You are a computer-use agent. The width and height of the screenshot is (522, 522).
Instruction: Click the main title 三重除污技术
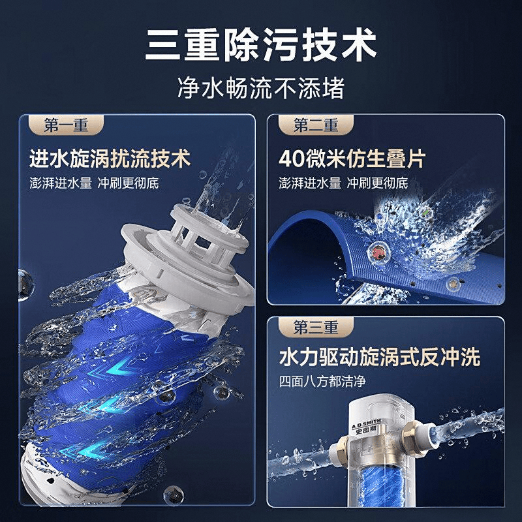tap(261, 45)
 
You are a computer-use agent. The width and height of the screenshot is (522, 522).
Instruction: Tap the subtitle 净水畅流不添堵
tap(261, 88)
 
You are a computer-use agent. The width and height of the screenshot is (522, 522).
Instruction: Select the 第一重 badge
tap(66, 125)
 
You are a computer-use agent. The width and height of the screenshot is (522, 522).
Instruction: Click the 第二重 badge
tap(316, 125)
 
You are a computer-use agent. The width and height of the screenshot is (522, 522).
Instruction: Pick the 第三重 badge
tap(316, 328)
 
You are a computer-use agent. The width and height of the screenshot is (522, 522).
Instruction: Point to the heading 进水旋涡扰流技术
tap(110, 159)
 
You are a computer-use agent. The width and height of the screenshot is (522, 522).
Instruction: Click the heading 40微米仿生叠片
tap(352, 159)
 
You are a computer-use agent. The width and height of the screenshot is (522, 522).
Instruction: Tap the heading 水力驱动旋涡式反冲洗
tap(380, 357)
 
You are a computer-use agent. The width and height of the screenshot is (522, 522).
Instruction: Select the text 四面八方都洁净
tap(322, 381)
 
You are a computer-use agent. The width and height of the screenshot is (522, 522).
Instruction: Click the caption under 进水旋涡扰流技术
tap(94, 183)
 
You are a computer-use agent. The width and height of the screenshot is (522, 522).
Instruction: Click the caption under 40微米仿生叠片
tap(344, 183)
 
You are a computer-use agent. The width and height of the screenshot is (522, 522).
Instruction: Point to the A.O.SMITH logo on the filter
tap(366, 425)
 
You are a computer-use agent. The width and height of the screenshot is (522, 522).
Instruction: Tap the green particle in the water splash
tap(425, 211)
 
